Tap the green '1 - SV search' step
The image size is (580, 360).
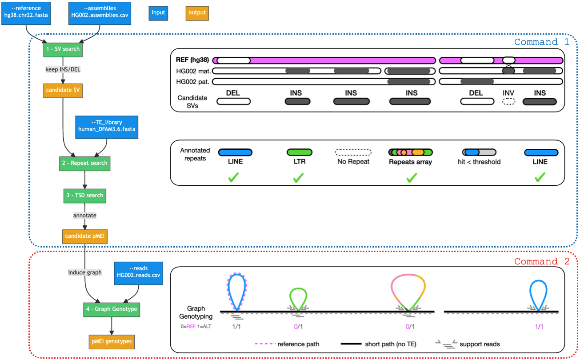62,49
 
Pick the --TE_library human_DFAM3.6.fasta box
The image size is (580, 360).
107,126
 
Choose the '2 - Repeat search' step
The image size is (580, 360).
84,163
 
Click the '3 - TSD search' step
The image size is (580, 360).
84,195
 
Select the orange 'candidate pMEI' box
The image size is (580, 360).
84,236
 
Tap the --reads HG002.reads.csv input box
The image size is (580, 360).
138,272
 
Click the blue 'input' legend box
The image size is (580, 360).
158,13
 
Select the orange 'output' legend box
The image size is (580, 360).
197,13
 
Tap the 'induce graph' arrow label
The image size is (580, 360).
85,272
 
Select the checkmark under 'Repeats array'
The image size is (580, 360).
411,178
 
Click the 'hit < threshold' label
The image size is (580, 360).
479,162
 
